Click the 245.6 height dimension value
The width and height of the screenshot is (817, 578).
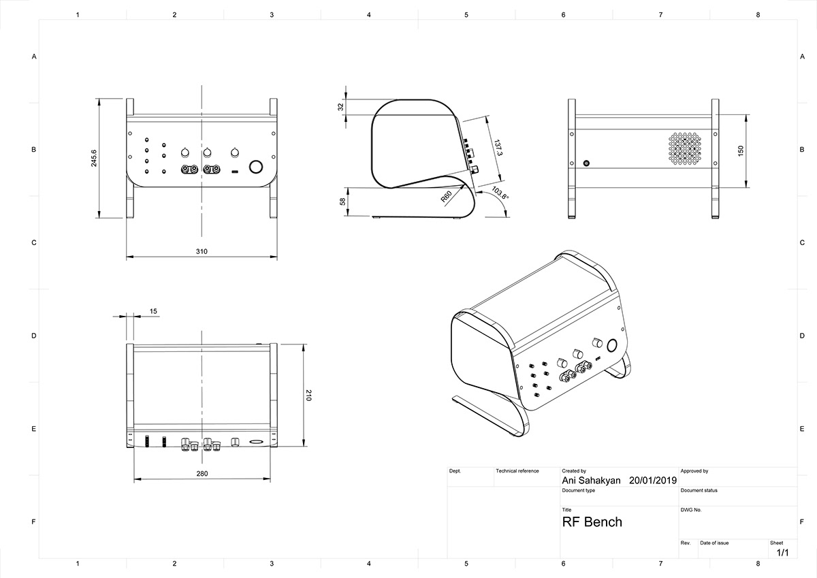tap(94, 159)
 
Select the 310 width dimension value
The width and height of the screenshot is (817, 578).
tap(202, 251)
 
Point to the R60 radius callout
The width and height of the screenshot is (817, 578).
tap(447, 197)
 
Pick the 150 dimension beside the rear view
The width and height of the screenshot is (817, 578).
tap(741, 151)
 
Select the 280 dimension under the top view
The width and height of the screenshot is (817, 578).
tap(202, 473)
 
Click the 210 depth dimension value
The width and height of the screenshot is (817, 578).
tap(308, 395)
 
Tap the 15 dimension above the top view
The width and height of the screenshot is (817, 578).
tap(153, 311)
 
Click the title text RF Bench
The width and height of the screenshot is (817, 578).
tap(592, 522)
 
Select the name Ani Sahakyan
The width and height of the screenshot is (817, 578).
tap(591, 480)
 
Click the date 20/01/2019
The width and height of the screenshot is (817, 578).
tap(653, 480)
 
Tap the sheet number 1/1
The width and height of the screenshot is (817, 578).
tap(782, 553)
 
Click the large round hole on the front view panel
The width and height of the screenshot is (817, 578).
tap(257, 167)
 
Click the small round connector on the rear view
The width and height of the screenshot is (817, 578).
tap(587, 164)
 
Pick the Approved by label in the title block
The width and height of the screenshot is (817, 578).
tap(694, 471)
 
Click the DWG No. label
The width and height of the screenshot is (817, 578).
tap(690, 509)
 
